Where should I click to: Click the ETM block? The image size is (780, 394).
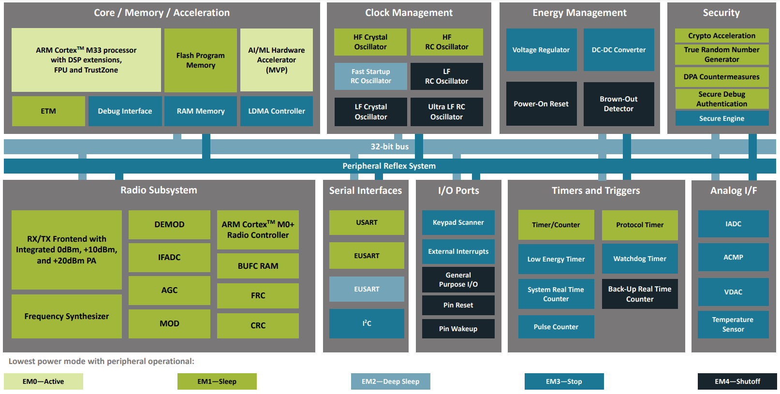tap(48, 111)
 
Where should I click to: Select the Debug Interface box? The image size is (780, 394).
tap(125, 111)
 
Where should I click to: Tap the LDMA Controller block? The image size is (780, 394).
tap(277, 111)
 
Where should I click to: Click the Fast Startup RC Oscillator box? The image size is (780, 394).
tap(370, 76)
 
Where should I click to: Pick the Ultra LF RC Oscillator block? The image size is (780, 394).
tap(447, 112)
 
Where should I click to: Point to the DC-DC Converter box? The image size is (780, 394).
tap(619, 50)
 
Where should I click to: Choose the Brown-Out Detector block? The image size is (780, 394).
tap(619, 104)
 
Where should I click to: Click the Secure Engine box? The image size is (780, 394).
tap(722, 118)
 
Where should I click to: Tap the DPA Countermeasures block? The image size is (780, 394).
tap(722, 77)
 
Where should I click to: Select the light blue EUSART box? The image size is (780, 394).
tap(367, 289)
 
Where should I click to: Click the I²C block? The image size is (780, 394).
tap(367, 323)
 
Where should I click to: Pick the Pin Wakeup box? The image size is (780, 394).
tap(458, 329)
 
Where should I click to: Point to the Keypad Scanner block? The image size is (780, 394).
tap(458, 222)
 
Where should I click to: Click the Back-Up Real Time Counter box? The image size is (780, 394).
tap(640, 294)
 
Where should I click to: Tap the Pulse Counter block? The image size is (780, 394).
tap(556, 327)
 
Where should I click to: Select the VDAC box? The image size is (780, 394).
tap(734, 292)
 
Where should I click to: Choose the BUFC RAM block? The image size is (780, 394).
tap(258, 266)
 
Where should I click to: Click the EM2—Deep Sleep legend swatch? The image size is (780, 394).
tap(391, 381)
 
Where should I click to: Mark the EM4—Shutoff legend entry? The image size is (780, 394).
tap(737, 381)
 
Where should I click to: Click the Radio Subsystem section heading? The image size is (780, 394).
tap(159, 190)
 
